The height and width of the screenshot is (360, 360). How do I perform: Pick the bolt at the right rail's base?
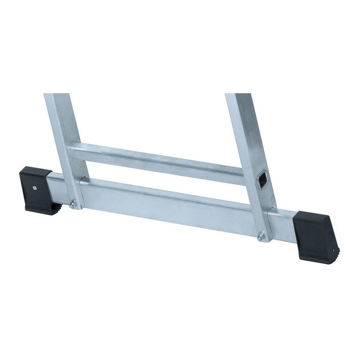tap(262, 236)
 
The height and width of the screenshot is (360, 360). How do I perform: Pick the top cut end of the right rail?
tap(238, 95)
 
